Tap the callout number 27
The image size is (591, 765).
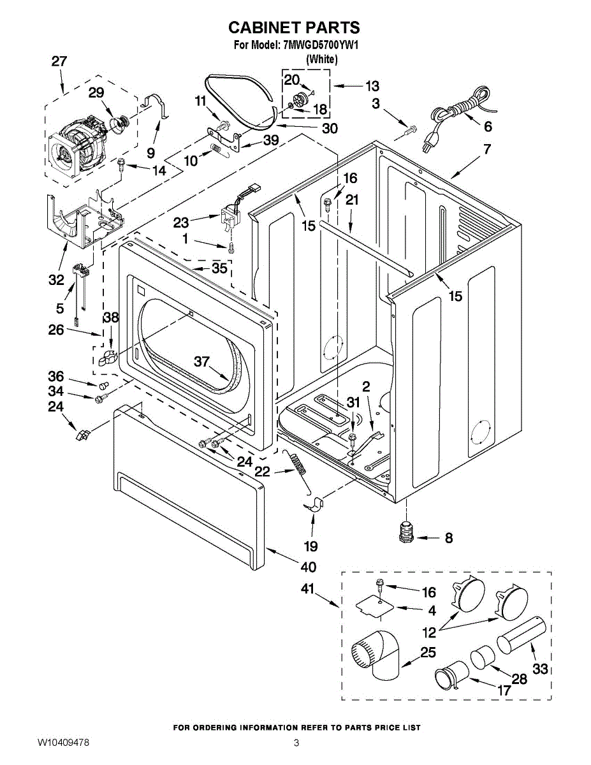59,62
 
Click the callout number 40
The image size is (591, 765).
308,567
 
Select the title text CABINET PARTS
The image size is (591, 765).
294,27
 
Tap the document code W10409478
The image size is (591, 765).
63,743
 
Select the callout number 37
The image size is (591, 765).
202,361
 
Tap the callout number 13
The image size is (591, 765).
372,85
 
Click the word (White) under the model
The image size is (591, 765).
321,59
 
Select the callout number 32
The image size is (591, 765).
56,279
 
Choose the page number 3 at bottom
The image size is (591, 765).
296,743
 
